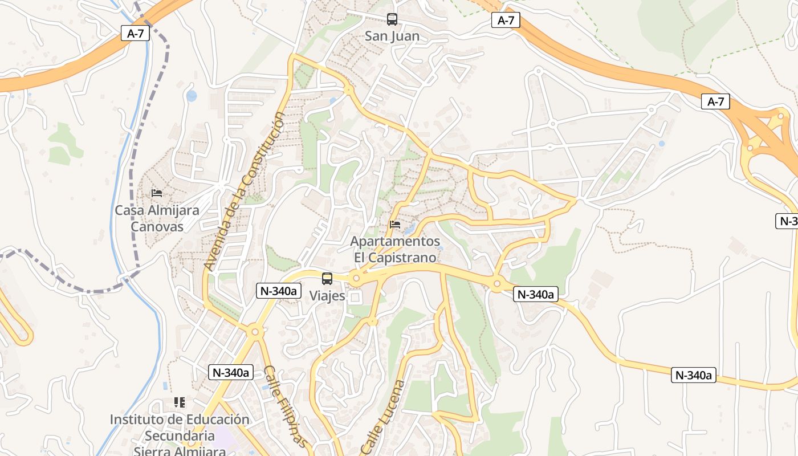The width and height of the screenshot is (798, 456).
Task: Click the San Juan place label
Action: pyautogui.click(x=392, y=36)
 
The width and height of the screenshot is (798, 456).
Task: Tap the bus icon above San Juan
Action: pyautogui.click(x=392, y=19)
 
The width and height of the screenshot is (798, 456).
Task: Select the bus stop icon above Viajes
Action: pyautogui.click(x=327, y=279)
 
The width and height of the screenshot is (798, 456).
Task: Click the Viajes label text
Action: pyautogui.click(x=327, y=295)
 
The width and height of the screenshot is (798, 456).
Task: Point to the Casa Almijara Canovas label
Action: pyautogui.click(x=157, y=218)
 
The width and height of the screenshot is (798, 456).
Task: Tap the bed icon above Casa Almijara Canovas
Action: pyautogui.click(x=157, y=193)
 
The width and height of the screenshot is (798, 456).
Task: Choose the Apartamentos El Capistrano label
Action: pyautogui.click(x=395, y=250)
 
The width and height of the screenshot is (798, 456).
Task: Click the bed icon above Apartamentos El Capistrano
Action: pyautogui.click(x=395, y=225)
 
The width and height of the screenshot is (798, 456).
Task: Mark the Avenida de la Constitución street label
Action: pyautogui.click(x=245, y=191)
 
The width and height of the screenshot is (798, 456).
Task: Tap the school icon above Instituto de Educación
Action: pyautogui.click(x=180, y=402)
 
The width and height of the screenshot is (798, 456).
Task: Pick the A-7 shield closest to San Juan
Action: pyautogui.click(x=506, y=21)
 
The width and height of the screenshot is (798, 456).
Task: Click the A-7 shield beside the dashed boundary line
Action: pyautogui.click(x=135, y=34)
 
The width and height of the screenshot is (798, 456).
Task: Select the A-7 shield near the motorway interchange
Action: pyautogui.click(x=715, y=102)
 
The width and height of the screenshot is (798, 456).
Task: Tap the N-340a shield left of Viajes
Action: pyautogui.click(x=279, y=291)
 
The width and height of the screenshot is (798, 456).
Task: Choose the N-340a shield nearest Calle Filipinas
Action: pyautogui.click(x=230, y=373)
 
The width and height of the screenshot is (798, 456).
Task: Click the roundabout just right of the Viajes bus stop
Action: pyautogui.click(x=357, y=279)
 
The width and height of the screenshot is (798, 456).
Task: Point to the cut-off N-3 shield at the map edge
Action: pyautogui.click(x=788, y=221)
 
